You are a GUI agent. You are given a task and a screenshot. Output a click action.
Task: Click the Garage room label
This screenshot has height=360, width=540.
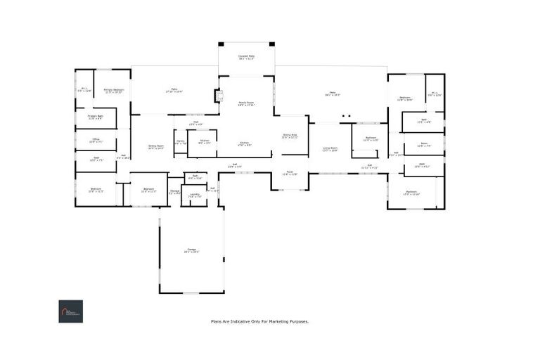click(192, 250)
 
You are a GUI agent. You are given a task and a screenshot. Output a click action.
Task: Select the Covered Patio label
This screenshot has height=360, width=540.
click(246, 56)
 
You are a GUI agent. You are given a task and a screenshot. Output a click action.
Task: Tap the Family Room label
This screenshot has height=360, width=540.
click(245, 103)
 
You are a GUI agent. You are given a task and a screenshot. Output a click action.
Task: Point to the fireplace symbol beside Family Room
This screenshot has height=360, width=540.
click(219, 96)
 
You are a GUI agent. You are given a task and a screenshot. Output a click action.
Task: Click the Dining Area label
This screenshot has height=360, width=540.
click(290, 136)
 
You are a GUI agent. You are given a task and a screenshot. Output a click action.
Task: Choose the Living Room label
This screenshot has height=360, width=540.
click(330, 148)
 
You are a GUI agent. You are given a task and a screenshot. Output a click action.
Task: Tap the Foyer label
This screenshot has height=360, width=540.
click(290, 173)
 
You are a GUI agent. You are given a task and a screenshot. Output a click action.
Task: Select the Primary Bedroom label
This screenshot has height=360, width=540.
click(114, 90)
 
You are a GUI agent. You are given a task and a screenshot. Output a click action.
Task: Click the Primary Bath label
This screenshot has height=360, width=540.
click(96, 116)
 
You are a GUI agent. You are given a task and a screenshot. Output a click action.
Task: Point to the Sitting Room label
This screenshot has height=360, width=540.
click(155, 146)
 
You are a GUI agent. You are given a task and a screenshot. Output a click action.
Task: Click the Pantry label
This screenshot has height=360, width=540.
click(180, 142)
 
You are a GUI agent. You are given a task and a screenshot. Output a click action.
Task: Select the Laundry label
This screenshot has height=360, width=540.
click(195, 195)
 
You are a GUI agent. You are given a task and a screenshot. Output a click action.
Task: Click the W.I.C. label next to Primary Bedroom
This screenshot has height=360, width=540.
click(84, 89)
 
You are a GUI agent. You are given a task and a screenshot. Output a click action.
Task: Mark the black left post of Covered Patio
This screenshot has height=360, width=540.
click(221, 44)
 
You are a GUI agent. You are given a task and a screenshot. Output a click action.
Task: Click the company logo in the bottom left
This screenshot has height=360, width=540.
click(70, 311)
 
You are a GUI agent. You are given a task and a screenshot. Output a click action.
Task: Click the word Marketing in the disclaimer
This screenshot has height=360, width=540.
click(281, 321)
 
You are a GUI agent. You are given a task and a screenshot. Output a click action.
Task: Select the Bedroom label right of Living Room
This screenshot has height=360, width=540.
click(371, 138)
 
